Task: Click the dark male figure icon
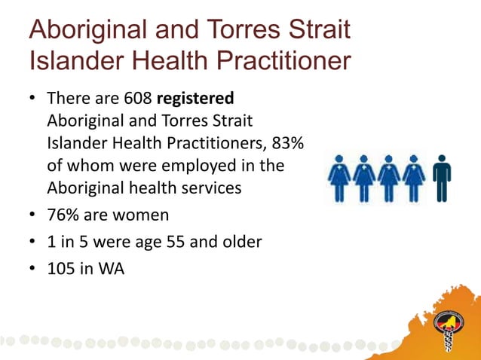tap(442, 178)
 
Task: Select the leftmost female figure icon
tap(339, 178)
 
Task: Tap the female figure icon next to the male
tap(414, 178)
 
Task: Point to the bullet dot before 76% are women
tap(32, 216)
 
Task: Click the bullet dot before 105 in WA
tap(32, 267)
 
